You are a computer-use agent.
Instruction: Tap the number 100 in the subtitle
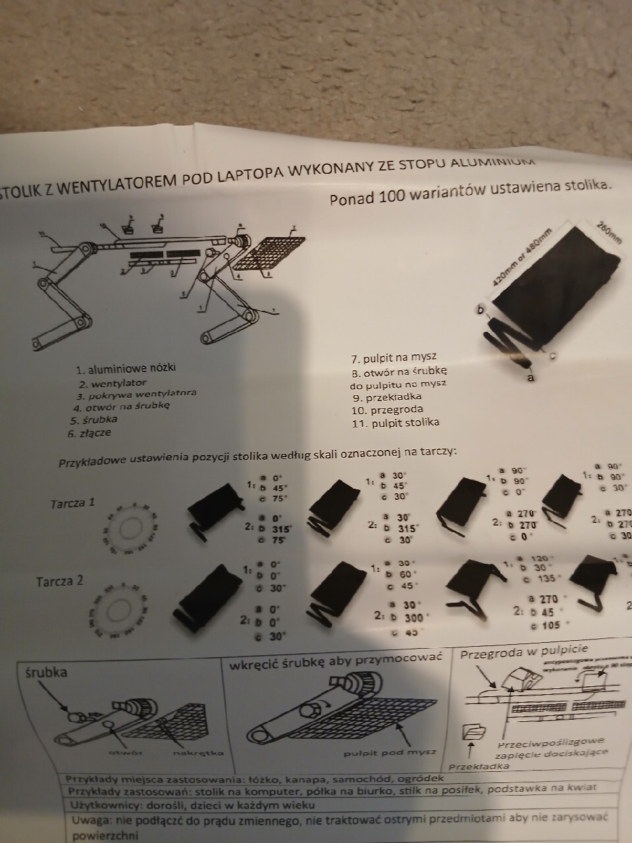[391, 196]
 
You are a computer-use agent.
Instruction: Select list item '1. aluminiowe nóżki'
[126, 369]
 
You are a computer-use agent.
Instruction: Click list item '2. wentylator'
[113, 383]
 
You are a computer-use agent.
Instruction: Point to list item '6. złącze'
[89, 433]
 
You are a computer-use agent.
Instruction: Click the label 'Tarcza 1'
[73, 503]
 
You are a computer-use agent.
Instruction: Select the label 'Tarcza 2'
[60, 582]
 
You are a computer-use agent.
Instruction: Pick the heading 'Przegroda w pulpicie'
[523, 653]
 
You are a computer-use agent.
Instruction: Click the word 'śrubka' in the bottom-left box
[45, 672]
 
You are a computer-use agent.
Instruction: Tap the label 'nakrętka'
[198, 752]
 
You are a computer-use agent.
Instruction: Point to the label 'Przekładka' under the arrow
[479, 767]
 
